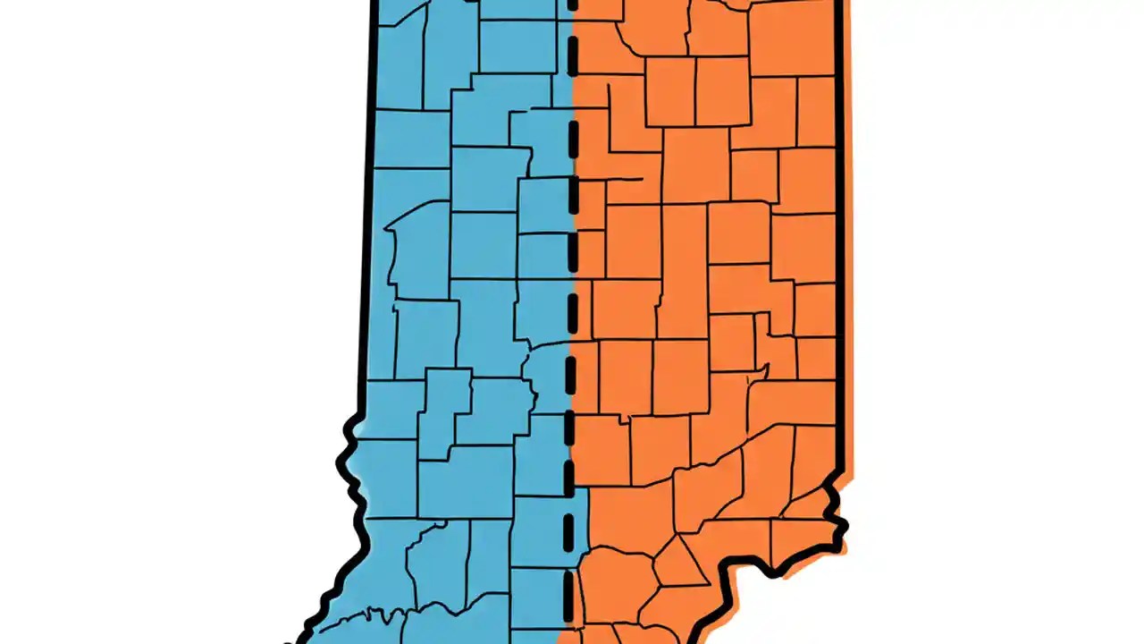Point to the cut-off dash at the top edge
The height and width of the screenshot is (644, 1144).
click(571, 7)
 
